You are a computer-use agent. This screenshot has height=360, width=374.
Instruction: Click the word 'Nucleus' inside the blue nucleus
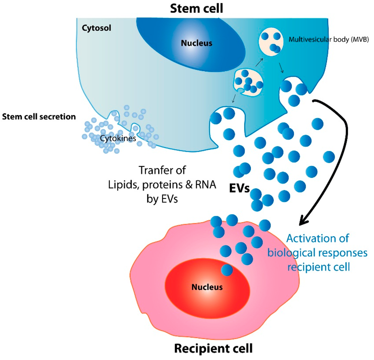click(x=196, y=43)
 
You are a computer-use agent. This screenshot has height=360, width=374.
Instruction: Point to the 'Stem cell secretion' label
click(x=39, y=117)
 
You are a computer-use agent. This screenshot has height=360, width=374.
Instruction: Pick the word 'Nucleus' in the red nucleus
click(x=207, y=287)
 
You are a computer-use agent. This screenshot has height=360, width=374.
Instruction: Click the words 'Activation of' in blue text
click(x=317, y=238)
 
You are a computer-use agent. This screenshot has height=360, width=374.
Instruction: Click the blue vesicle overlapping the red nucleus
click(x=227, y=270)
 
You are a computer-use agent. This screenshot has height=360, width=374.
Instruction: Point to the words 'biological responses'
click(x=317, y=253)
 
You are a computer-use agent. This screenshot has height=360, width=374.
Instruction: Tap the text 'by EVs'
click(x=162, y=200)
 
